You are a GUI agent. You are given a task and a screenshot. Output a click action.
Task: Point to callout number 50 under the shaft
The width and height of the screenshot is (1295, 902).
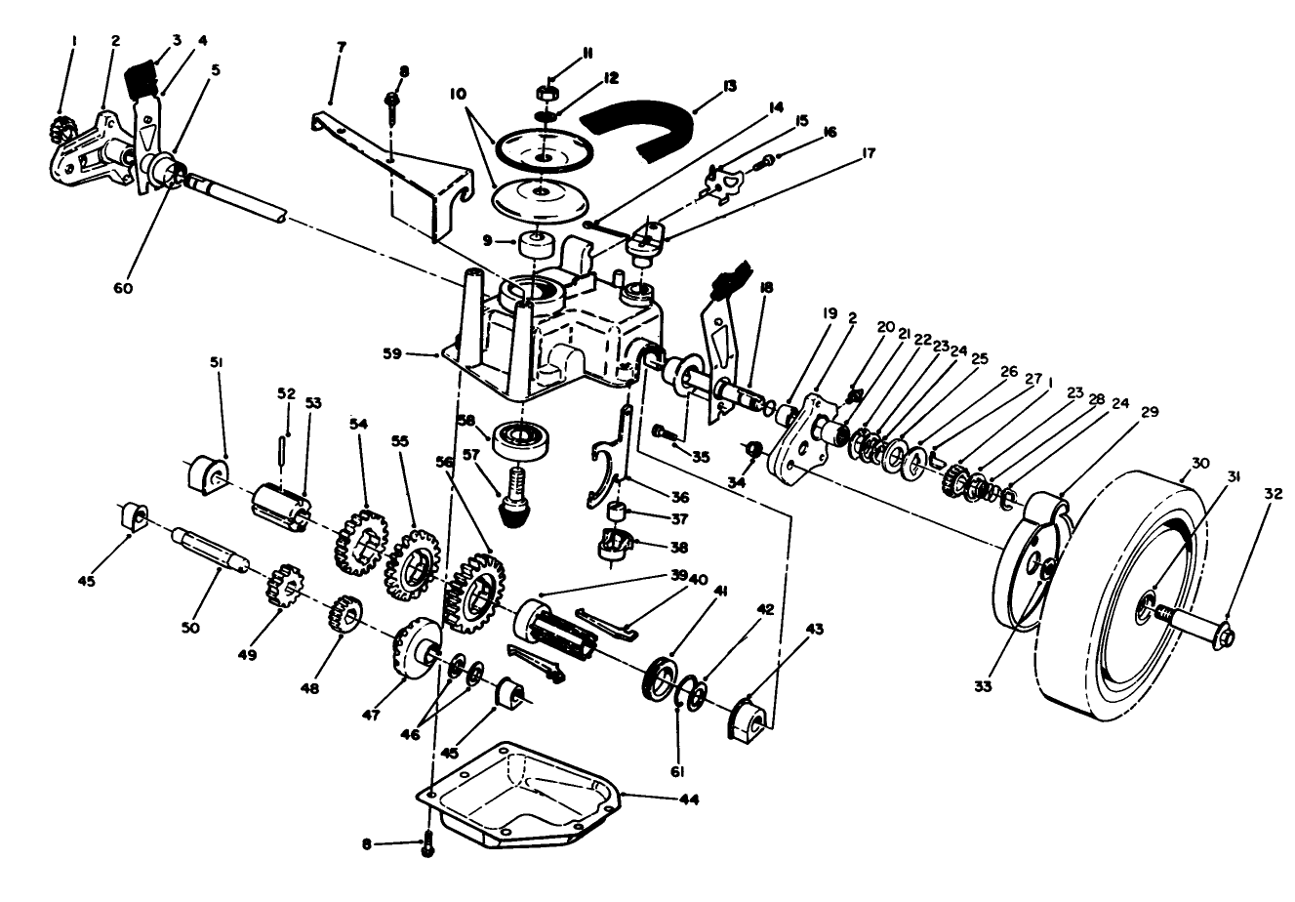[x=190, y=627]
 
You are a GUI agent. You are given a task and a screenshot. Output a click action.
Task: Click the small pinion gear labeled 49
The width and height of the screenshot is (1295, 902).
[x=280, y=588]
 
